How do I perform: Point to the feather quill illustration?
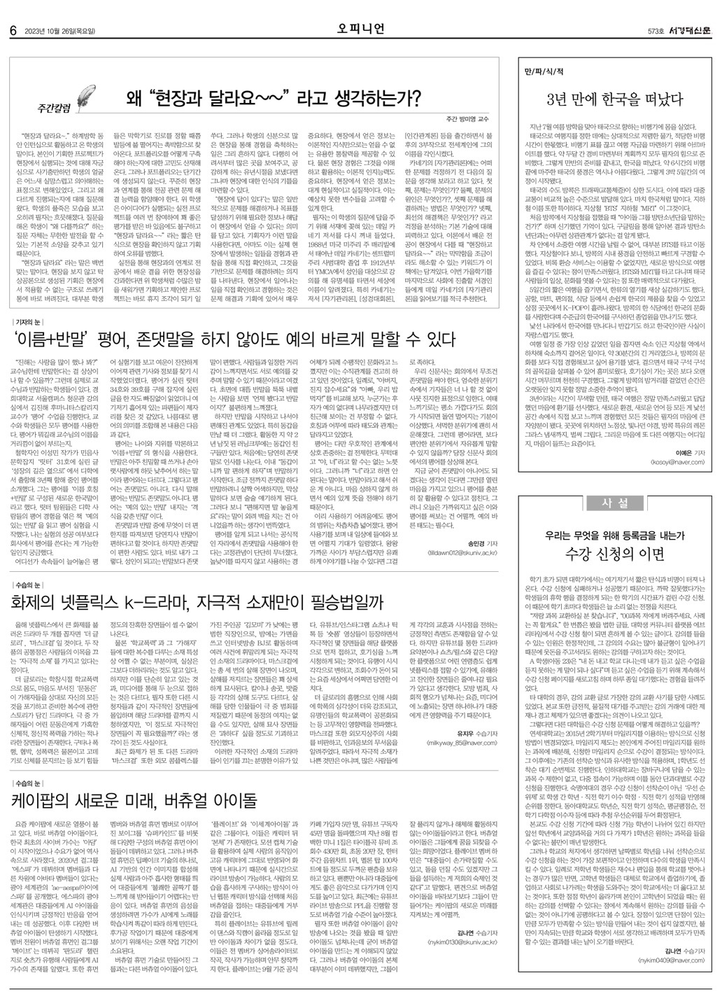click(87, 93)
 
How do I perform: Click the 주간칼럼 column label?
click(55, 108)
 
